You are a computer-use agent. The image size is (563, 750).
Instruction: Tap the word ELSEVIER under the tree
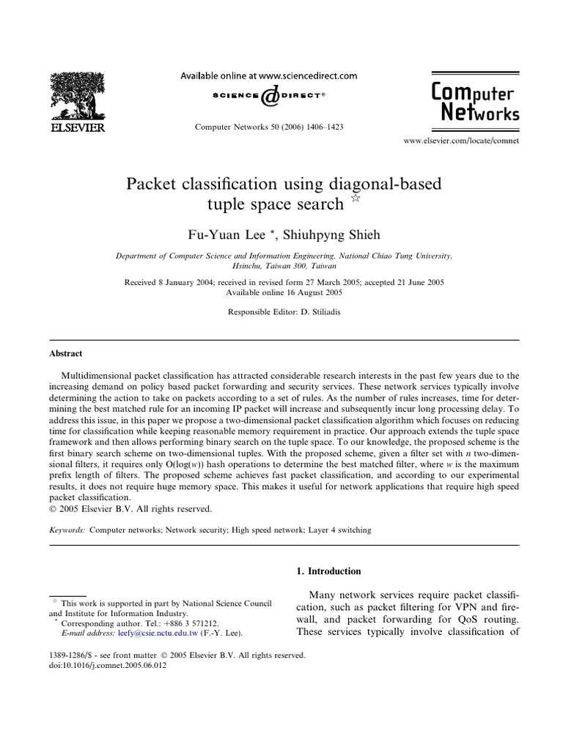[76, 127]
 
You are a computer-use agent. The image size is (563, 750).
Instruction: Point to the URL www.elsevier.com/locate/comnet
[461, 140]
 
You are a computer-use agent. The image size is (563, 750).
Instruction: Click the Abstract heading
[65, 352]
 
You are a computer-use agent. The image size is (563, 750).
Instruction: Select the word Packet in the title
[153, 183]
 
